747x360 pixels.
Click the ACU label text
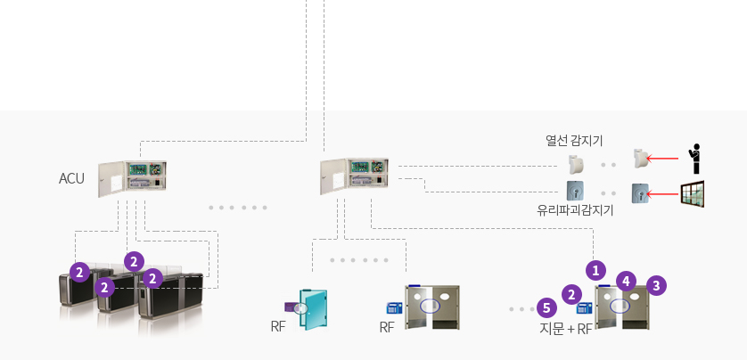71,178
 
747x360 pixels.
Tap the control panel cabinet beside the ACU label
133,178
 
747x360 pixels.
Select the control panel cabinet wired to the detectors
354,176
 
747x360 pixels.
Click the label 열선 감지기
574,141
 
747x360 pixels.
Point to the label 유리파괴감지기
575,210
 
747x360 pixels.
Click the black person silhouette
695,159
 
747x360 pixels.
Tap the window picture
693,193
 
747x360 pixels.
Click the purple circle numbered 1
595,271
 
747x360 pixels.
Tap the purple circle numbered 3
656,286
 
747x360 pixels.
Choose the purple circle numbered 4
626,282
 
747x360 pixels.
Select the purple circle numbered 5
546,307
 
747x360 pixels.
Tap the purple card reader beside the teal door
292,307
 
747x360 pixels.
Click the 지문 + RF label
566,329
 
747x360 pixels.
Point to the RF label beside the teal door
278,327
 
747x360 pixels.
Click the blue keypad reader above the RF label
395,307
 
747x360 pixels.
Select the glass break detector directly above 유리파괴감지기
576,191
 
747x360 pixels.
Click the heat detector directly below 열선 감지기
577,164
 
